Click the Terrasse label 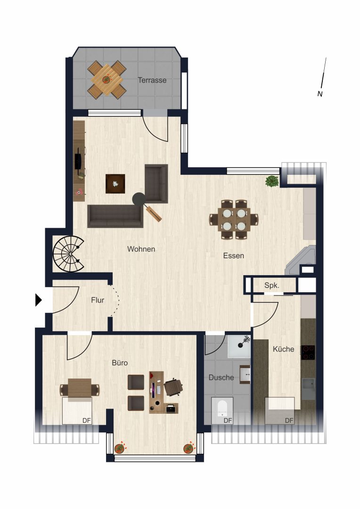pos(152,80)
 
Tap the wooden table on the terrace pos(107,80)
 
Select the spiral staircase pos(69,254)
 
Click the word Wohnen pos(141,249)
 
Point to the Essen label pos(233,256)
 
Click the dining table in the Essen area pos(234,220)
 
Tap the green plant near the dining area pos(272,181)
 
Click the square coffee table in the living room pos(115,184)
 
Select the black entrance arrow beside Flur pos(39,300)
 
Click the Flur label pos(98,300)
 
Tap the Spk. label pos(272,286)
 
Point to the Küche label pos(283,349)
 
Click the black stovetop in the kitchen pos(308,353)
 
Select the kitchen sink pos(308,389)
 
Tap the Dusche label pos(221,378)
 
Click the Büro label pos(120,363)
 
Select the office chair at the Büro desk pos(173,387)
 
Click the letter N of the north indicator pos(320,94)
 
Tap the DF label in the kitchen pos(289,421)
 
